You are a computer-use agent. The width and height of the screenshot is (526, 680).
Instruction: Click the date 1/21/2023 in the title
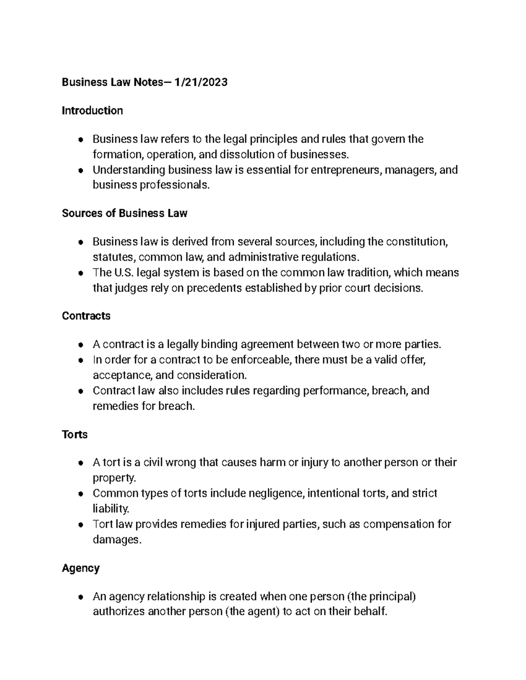(x=201, y=82)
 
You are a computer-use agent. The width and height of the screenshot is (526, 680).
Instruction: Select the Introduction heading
(x=92, y=110)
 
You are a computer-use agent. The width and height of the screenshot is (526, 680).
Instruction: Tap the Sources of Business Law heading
(x=124, y=213)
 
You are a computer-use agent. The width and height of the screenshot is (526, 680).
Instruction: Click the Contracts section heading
(x=86, y=316)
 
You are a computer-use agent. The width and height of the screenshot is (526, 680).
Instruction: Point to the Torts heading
(x=75, y=434)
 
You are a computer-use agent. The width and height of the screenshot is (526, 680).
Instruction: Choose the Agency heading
(x=81, y=568)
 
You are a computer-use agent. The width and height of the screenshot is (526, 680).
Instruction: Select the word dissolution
(x=246, y=155)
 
